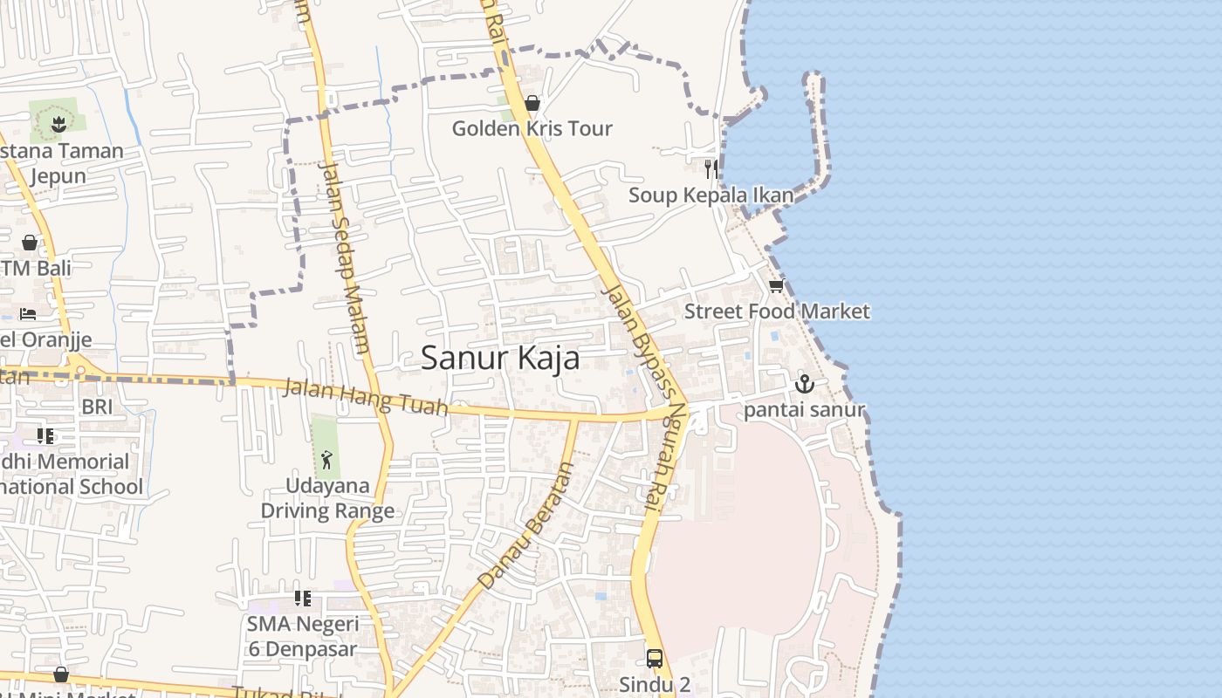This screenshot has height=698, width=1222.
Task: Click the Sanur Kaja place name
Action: (500, 358)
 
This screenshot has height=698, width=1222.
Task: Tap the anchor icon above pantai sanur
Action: (804, 383)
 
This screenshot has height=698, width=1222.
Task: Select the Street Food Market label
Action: (777, 311)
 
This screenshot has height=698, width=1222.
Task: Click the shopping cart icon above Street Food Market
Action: (776, 285)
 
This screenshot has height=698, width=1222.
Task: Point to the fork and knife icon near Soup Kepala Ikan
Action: (711, 168)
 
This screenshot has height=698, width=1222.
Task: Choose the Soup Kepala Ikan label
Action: (711, 195)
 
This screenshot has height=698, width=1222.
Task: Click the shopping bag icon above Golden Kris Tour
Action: (532, 103)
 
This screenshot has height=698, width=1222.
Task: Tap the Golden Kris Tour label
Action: (532, 128)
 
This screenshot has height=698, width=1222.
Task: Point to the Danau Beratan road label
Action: (526, 525)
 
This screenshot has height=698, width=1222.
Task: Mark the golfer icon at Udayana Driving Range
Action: (326, 459)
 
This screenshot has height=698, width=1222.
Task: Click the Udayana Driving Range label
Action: (327, 498)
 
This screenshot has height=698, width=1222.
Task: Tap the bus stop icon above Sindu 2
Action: (655, 658)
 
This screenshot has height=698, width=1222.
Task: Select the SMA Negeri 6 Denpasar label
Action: (302, 637)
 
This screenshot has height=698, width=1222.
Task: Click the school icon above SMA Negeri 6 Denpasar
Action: (302, 599)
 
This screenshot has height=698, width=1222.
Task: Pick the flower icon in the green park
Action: (58, 124)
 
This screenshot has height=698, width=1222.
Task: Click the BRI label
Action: (97, 407)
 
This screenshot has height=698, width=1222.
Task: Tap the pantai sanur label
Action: (804, 410)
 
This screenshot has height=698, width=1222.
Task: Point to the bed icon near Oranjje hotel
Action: (29, 313)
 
